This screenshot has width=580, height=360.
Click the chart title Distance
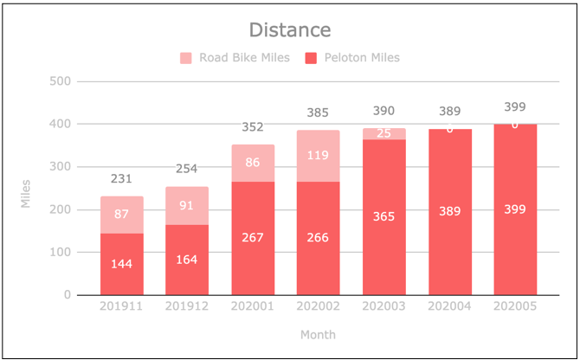click(x=290, y=30)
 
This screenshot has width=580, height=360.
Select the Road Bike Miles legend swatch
click(x=186, y=59)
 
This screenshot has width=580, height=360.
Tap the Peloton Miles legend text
click(x=362, y=59)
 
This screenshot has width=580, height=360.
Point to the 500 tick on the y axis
click(x=61, y=82)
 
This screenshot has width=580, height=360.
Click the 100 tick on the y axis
click(x=61, y=253)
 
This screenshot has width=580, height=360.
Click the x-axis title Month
click(x=318, y=334)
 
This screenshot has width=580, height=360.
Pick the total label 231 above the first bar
click(x=122, y=178)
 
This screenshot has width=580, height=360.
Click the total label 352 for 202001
click(x=253, y=127)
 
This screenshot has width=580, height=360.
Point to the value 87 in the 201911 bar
click(x=122, y=214)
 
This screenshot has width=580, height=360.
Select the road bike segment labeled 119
click(x=318, y=157)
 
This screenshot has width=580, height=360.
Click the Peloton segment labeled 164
click(x=187, y=260)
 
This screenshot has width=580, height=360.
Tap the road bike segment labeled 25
click(x=383, y=133)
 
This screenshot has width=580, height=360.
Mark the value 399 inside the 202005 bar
click(x=515, y=209)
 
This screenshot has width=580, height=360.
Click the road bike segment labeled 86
click(x=253, y=162)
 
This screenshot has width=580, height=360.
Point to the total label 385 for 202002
click(x=318, y=112)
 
